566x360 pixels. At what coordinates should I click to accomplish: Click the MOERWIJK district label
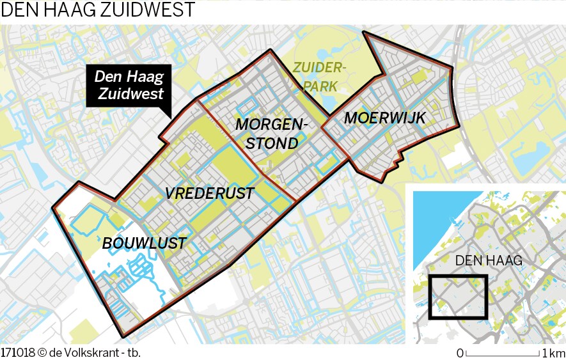pyautogui.click(x=384, y=117)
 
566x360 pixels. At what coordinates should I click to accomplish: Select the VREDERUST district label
pyautogui.click(x=209, y=193)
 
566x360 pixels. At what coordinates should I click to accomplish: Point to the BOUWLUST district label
pyautogui.click(x=144, y=243)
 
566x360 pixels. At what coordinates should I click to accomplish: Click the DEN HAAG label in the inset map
pyautogui.click(x=489, y=260)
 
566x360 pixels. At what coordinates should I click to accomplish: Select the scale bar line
pyautogui.click(x=503, y=354)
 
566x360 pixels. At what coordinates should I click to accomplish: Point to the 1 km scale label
pyautogui.click(x=553, y=353)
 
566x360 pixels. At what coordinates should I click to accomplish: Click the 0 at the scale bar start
pyautogui.click(x=460, y=353)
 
